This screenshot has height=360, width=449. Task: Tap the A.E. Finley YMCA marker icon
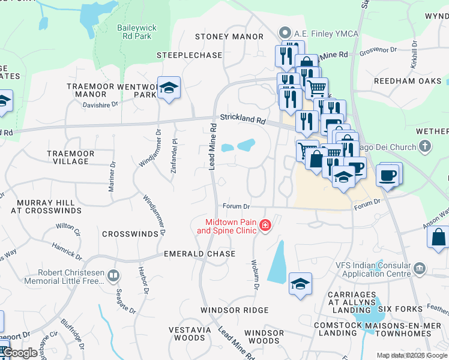(x=285, y=34)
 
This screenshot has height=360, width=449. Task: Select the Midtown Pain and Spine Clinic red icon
(x=265, y=226)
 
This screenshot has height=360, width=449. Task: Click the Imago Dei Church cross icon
(x=425, y=146)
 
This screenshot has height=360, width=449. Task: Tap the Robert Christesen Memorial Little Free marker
(x=113, y=276)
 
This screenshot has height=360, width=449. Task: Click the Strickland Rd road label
(x=242, y=119)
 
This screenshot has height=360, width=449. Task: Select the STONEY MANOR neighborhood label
(x=229, y=37)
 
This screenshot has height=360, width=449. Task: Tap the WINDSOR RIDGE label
(x=234, y=310)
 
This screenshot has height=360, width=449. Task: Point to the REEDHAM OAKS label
(x=408, y=80)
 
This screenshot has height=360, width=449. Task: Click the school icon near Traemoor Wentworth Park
(x=169, y=87)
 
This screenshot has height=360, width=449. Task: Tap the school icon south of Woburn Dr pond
(x=300, y=283)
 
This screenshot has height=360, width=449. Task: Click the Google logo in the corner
(x=20, y=353)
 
